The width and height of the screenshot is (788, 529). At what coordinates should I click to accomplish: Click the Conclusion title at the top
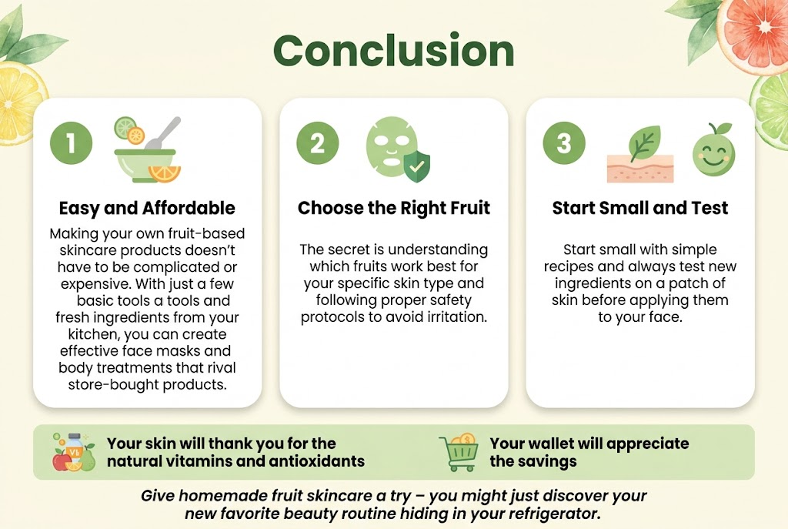click(393, 51)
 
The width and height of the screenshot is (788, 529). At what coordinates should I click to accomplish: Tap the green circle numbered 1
click(71, 144)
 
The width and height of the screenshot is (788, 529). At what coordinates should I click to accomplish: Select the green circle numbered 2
click(317, 144)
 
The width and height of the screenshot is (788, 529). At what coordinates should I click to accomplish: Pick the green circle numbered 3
click(563, 144)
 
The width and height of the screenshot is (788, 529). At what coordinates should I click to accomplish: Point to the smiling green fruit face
click(713, 151)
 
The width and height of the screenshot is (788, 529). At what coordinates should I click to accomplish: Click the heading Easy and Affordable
click(147, 208)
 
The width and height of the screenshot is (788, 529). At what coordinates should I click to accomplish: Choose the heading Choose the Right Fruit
click(393, 208)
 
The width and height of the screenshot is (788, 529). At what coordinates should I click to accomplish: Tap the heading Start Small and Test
click(639, 208)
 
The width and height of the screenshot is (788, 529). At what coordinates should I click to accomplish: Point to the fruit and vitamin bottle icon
click(73, 452)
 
